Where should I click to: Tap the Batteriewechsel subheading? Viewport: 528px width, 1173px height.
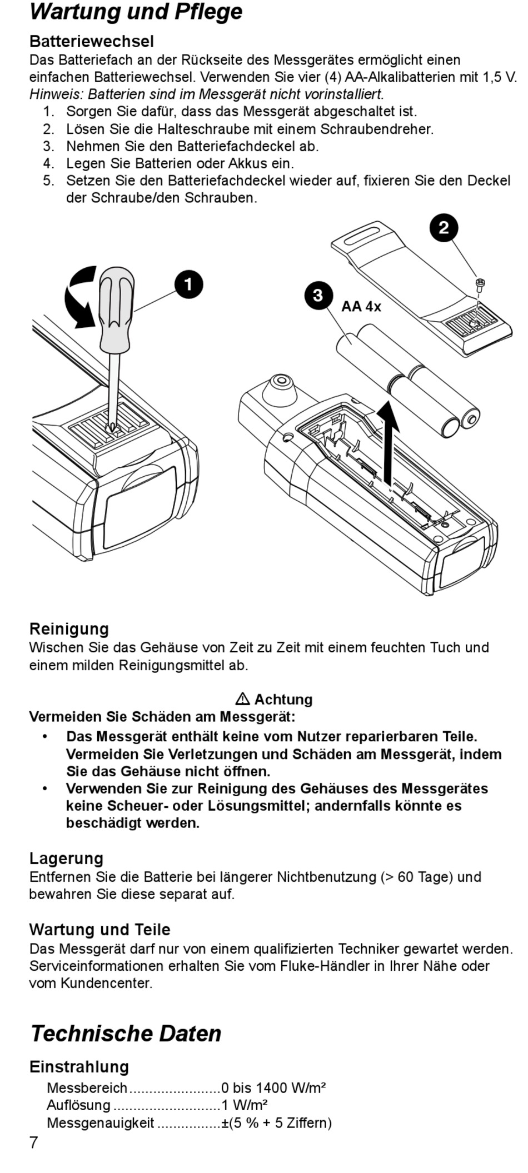tap(91, 41)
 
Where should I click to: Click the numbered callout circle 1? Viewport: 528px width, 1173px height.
tap(188, 284)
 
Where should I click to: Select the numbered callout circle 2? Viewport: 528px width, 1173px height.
tap(444, 228)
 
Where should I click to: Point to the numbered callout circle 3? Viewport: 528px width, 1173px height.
tap(318, 295)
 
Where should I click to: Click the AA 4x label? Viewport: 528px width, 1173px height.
tap(361, 307)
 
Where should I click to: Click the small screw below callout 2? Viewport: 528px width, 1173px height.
tap(480, 284)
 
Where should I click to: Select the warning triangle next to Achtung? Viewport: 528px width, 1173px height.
tap(242, 699)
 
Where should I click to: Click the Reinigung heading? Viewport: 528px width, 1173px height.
tap(69, 628)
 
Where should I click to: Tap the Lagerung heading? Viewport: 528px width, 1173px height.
tap(66, 858)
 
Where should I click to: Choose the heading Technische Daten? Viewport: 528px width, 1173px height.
tap(126, 1034)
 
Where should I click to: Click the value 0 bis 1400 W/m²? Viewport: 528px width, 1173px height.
tap(273, 1087)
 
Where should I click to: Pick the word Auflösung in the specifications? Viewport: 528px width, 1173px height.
tap(78, 1105)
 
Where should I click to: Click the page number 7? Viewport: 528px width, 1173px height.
tap(34, 1142)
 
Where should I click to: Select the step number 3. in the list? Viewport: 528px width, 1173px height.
tap(49, 146)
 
